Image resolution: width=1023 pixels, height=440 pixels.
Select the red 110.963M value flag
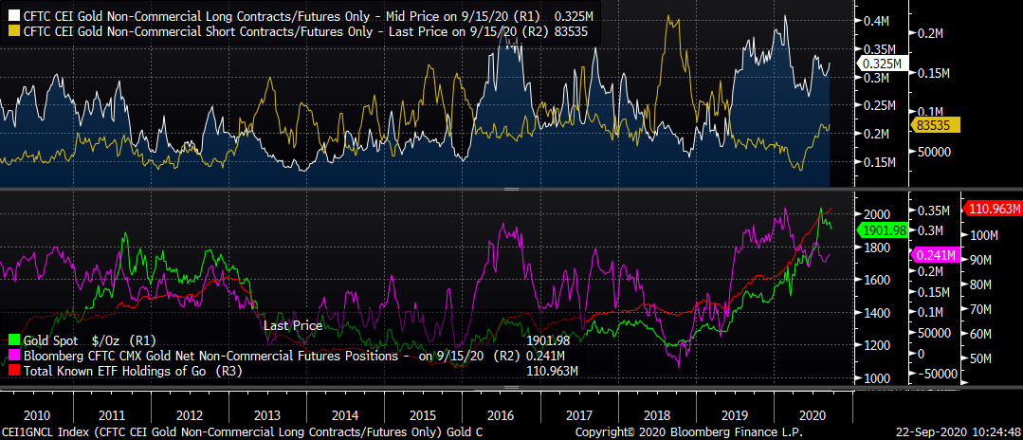[992, 209]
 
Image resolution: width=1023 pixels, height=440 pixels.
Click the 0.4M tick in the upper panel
[876, 21]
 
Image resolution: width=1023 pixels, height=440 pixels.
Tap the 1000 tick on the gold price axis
[877, 378]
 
